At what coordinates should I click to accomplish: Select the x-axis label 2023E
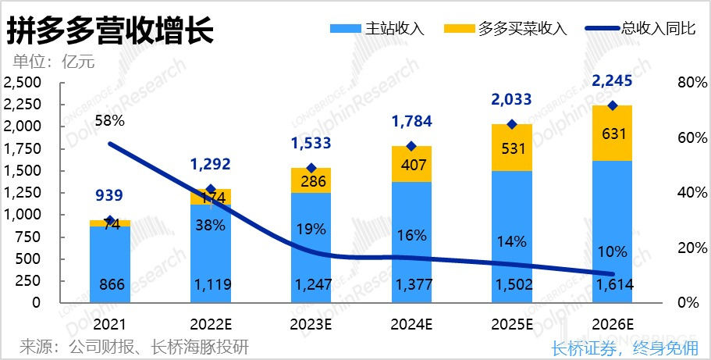tap(311, 324)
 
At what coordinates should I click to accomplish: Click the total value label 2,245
tap(612, 81)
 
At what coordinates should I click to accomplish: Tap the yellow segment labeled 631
tap(612, 134)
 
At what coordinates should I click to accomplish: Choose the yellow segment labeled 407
tap(411, 166)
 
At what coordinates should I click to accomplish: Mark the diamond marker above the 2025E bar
tap(512, 124)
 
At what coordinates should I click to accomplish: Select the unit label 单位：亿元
tap(54, 62)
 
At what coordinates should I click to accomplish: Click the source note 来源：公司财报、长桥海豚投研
tap(134, 346)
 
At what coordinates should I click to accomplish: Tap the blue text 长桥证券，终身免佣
tap(624, 348)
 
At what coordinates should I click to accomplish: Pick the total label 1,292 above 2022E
tap(211, 165)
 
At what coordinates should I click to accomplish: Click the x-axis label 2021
tap(110, 324)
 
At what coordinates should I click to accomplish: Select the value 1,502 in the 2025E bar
tap(512, 286)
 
